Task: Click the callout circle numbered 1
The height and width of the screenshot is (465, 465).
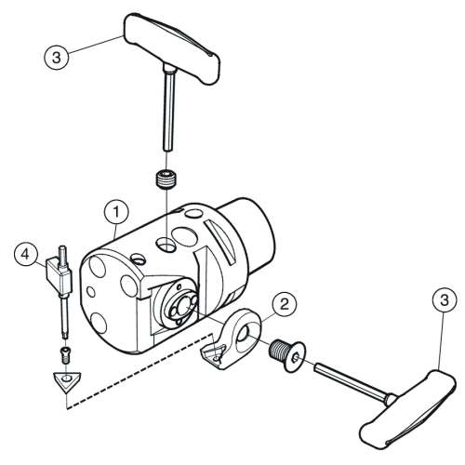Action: coord(116,212)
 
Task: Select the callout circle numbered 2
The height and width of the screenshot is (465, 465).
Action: coord(284,304)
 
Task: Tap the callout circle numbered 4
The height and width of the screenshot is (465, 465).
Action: coord(26,255)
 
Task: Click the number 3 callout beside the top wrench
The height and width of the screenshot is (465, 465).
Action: coord(56,58)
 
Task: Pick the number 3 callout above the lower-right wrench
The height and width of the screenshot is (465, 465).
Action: coord(445,300)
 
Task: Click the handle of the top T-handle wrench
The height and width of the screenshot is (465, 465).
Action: coord(172,47)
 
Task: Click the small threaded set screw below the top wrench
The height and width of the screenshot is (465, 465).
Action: coord(166,179)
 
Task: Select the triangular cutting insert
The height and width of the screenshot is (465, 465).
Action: coord(67,381)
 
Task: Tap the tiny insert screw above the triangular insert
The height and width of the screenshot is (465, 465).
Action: coord(65,355)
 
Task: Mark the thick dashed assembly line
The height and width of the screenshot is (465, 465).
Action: coord(140,371)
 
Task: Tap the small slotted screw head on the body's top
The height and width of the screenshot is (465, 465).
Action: coord(138,259)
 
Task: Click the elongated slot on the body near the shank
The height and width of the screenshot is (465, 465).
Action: coord(221,242)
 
